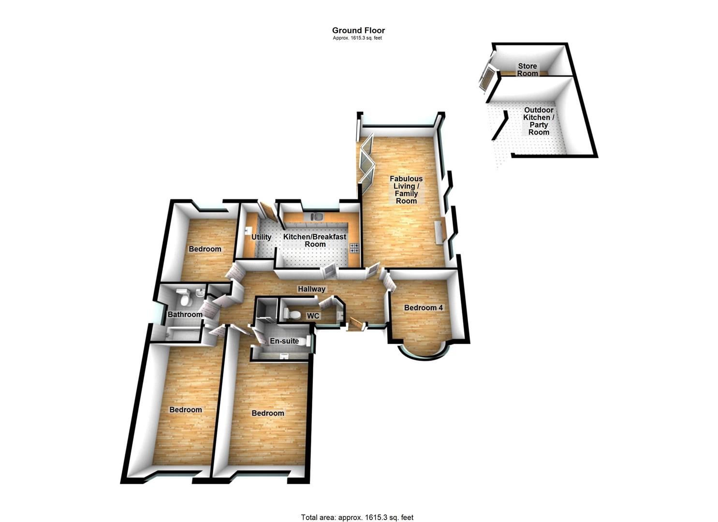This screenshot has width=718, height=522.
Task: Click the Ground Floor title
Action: tap(358, 30)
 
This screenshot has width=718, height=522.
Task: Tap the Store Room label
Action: tap(527, 70)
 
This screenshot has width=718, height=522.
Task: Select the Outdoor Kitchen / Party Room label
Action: tap(539, 121)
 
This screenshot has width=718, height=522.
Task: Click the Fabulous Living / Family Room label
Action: tap(406, 189)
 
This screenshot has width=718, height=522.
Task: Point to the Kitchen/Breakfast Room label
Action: tap(314, 240)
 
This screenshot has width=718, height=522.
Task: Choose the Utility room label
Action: tap(261, 237)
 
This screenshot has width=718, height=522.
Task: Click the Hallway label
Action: tap(311, 289)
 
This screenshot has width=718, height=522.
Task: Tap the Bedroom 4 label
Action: tap(423, 307)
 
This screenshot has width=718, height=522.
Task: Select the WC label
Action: tap(313, 316)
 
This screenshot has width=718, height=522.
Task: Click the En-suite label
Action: tap(284, 341)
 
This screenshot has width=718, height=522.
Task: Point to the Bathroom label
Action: tap(185, 315)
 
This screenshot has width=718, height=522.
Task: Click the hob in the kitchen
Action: tap(354, 248)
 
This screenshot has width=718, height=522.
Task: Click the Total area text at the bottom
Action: tap(357, 517)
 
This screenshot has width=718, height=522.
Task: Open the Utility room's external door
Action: tap(266, 211)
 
